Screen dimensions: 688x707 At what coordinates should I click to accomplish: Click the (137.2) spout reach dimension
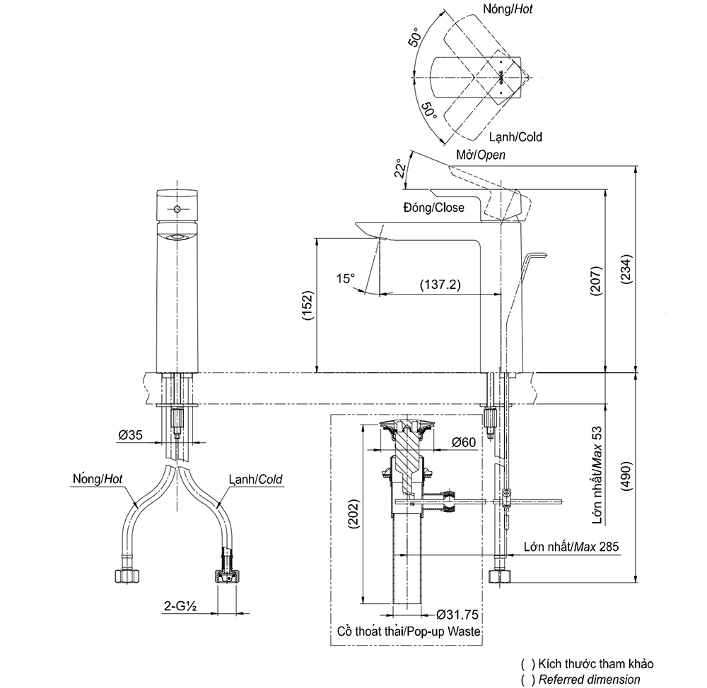tap(440, 285)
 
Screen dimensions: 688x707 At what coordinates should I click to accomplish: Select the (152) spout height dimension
tap(308, 307)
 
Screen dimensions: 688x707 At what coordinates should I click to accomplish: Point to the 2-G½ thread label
tap(180, 605)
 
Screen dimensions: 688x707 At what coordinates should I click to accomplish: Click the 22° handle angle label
tap(400, 168)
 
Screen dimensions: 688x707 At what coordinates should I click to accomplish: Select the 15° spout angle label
tap(345, 278)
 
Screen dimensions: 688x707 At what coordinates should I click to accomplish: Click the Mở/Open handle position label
tap(481, 154)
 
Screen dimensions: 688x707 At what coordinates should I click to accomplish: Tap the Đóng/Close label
tap(433, 207)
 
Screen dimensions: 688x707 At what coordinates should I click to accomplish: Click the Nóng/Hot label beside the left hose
tap(98, 478)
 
